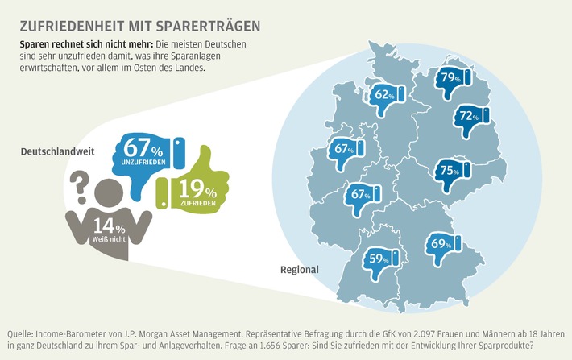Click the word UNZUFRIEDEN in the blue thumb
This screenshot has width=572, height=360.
[x=146, y=163]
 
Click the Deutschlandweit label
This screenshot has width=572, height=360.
[x=49, y=151]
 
